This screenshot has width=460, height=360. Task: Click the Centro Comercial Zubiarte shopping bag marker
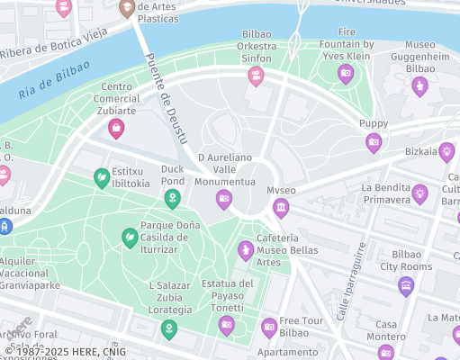(116, 129)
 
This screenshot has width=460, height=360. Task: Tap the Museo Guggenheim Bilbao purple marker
(419, 85)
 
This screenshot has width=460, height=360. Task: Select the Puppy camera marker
(373, 141)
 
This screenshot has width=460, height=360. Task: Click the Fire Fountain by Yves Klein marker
(345, 75)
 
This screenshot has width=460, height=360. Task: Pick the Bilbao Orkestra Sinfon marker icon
(256, 76)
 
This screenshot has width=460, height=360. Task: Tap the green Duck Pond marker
(172, 197)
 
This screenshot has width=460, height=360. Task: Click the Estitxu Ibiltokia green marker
(102, 178)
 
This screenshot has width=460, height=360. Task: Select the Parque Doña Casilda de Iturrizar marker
(130, 238)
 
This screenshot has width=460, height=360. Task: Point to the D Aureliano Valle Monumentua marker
(224, 199)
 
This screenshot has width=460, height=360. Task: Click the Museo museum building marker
(281, 209)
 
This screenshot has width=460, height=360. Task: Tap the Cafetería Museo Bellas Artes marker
(245, 249)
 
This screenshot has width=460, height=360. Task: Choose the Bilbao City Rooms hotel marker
(406, 286)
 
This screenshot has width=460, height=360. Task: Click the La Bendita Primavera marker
(419, 193)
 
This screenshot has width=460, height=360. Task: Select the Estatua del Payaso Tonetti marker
(227, 325)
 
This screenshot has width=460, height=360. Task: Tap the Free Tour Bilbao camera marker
(269, 327)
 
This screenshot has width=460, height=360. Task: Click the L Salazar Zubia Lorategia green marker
(168, 329)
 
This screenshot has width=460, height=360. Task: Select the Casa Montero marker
(386, 351)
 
